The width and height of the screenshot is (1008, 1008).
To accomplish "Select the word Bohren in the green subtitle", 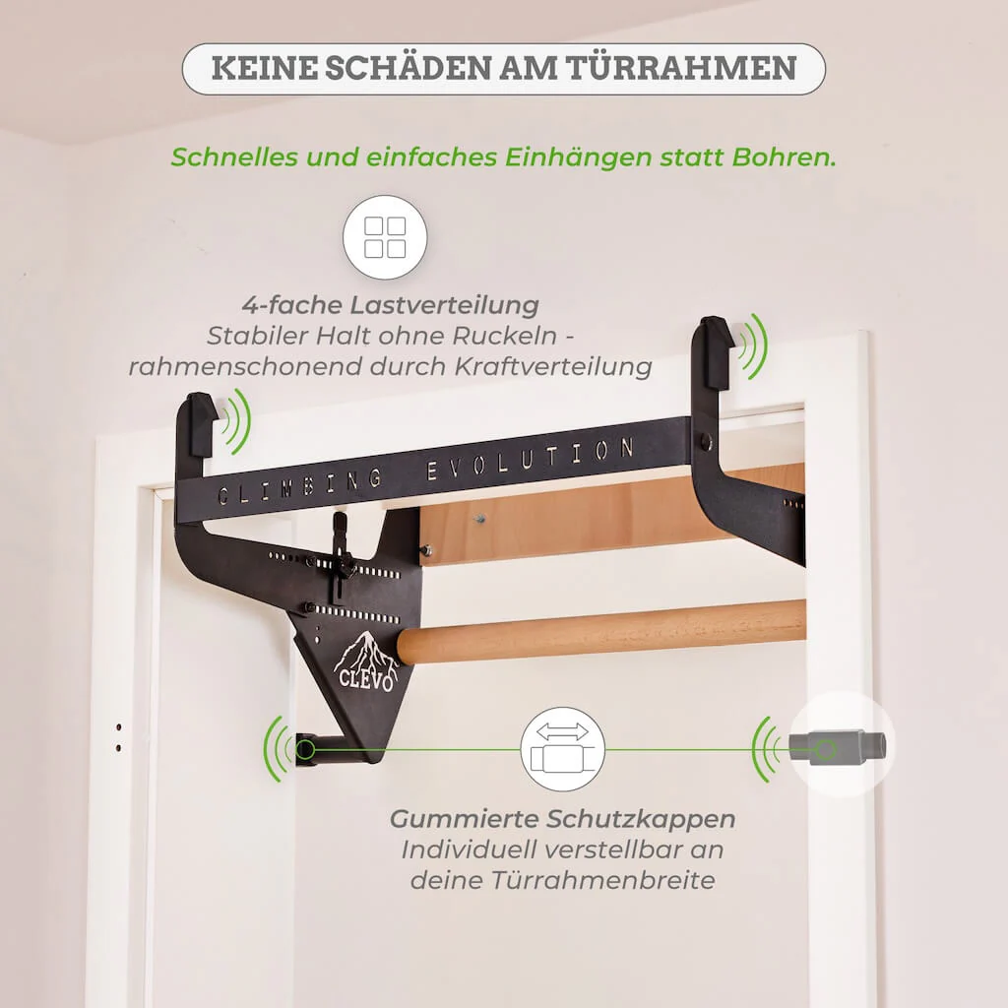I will [784, 157].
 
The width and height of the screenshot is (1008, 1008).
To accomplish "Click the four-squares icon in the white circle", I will [385, 237].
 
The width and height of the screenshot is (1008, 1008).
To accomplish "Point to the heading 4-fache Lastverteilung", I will [390, 304].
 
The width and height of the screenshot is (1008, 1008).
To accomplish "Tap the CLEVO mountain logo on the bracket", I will [363, 661].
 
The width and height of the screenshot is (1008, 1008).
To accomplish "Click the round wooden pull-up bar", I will [600, 630].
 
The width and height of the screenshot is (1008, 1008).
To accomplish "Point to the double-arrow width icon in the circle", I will [562, 748].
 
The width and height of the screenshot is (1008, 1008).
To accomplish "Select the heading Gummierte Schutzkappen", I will [562, 819].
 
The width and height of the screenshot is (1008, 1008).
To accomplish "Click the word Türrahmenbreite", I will [562, 880].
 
